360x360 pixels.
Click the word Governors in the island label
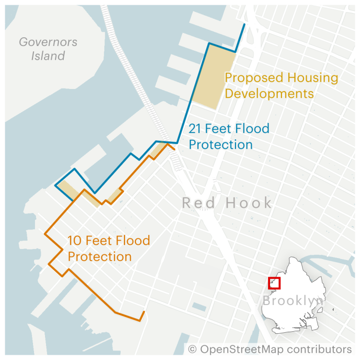pos(48,42)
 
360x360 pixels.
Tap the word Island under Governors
pos(48,56)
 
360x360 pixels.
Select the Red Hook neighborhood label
pos(227,202)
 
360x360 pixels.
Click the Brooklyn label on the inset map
pos(292,301)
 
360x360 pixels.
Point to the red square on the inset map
pos(274,283)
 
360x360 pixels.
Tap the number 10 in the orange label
pos(74,240)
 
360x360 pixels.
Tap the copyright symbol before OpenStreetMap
pos(192,349)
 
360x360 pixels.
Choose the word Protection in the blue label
pos(221,144)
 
